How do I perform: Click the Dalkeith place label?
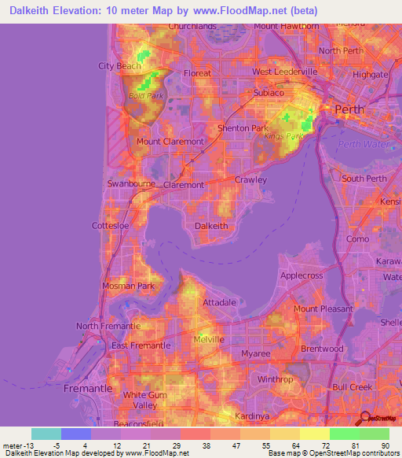coord(211,225)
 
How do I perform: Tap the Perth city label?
coord(350,109)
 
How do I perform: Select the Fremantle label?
coord(88,389)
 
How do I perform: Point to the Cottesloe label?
coord(110,225)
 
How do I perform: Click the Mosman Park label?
coord(129,286)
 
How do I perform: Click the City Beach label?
coord(119,66)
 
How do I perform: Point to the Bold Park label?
coord(142,96)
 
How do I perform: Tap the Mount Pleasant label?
coord(323,308)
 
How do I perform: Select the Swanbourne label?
coord(130,184)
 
